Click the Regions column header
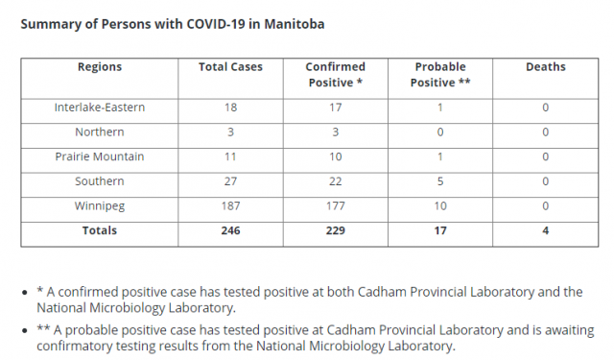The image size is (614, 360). click(100, 67)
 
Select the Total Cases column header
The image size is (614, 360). click(230, 67)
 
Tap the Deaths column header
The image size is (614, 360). click(546, 67)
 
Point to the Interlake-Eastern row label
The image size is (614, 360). click(100, 108)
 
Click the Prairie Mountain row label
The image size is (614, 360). click(100, 156)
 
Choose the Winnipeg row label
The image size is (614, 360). click(100, 206)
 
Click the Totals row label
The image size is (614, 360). click(100, 230)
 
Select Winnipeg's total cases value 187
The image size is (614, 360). click(230, 206)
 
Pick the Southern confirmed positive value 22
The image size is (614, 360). click(335, 181)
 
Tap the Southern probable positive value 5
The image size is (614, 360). click(440, 181)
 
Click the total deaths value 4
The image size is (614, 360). click(546, 230)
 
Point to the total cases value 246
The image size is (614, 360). click(230, 230)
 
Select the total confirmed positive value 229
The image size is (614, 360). click(335, 230)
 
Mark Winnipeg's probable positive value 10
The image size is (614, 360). click(440, 206)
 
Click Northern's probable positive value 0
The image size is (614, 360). click(440, 132)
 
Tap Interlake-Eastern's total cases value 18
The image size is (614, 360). click(230, 108)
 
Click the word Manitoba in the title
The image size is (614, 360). click(295, 24)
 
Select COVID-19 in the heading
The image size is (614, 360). click(215, 24)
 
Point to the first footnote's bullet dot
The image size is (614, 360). click(25, 293)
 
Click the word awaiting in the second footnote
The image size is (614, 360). click(569, 330)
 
